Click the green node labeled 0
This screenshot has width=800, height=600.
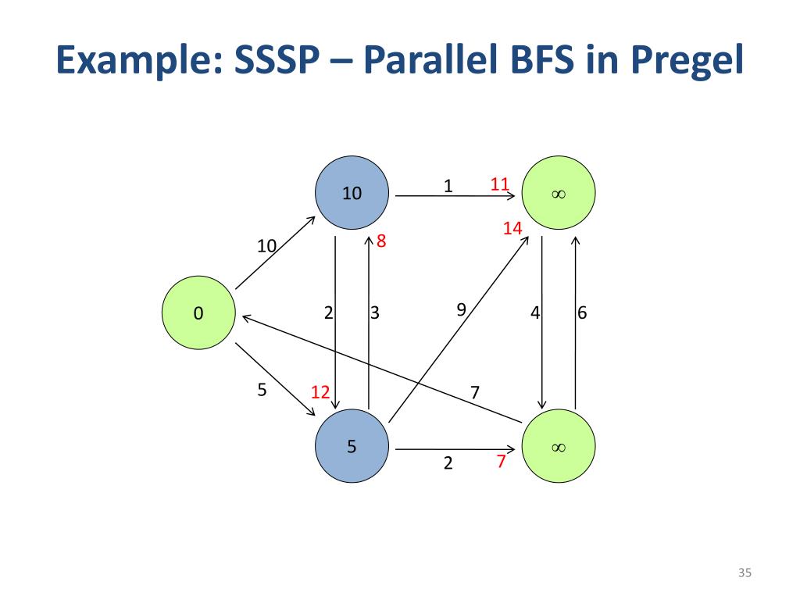[198, 313]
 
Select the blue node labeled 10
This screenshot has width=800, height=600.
[352, 192]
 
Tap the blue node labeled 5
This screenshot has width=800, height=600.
[352, 447]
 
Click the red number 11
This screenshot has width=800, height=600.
[500, 184]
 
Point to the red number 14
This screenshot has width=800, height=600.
[512, 228]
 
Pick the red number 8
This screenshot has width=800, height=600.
[381, 241]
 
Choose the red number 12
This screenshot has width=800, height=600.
[320, 392]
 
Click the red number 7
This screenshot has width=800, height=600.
[501, 462]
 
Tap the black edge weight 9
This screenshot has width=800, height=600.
[461, 309]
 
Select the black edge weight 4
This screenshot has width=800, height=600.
[535, 313]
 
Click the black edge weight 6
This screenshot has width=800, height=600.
[582, 313]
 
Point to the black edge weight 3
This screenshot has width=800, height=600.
[375, 313]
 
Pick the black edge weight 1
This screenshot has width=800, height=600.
[448, 186]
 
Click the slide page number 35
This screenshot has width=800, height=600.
[744, 574]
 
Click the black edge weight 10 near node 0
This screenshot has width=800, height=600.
[267, 247]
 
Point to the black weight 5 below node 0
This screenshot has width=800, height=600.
[262, 389]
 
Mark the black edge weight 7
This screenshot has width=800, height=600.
[474, 391]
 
